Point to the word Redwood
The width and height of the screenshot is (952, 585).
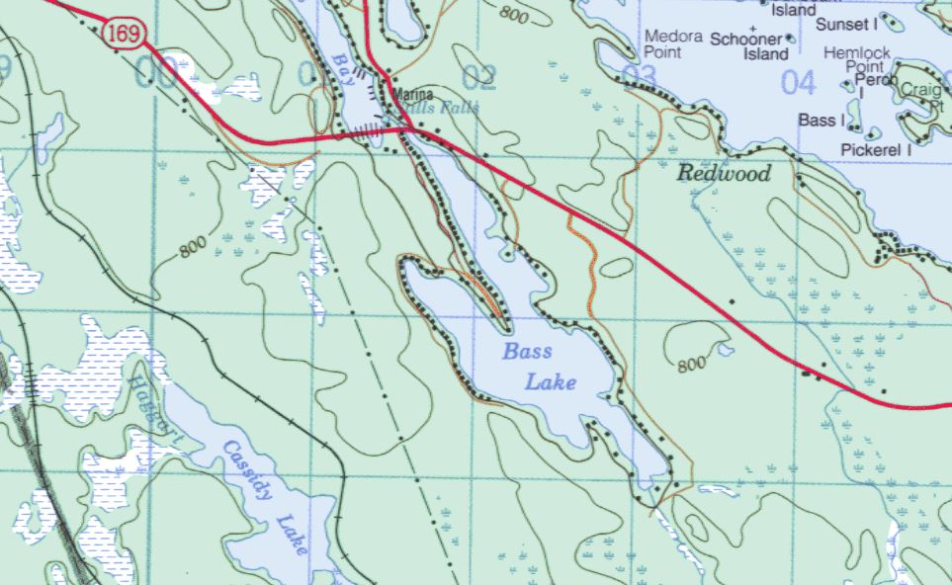[x=724, y=174]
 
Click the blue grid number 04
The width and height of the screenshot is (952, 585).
[x=798, y=82]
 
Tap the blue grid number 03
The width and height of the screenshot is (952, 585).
[x=640, y=76]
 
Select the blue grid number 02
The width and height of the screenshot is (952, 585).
[x=478, y=76]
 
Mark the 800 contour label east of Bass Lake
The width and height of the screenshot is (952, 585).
[x=692, y=365]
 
